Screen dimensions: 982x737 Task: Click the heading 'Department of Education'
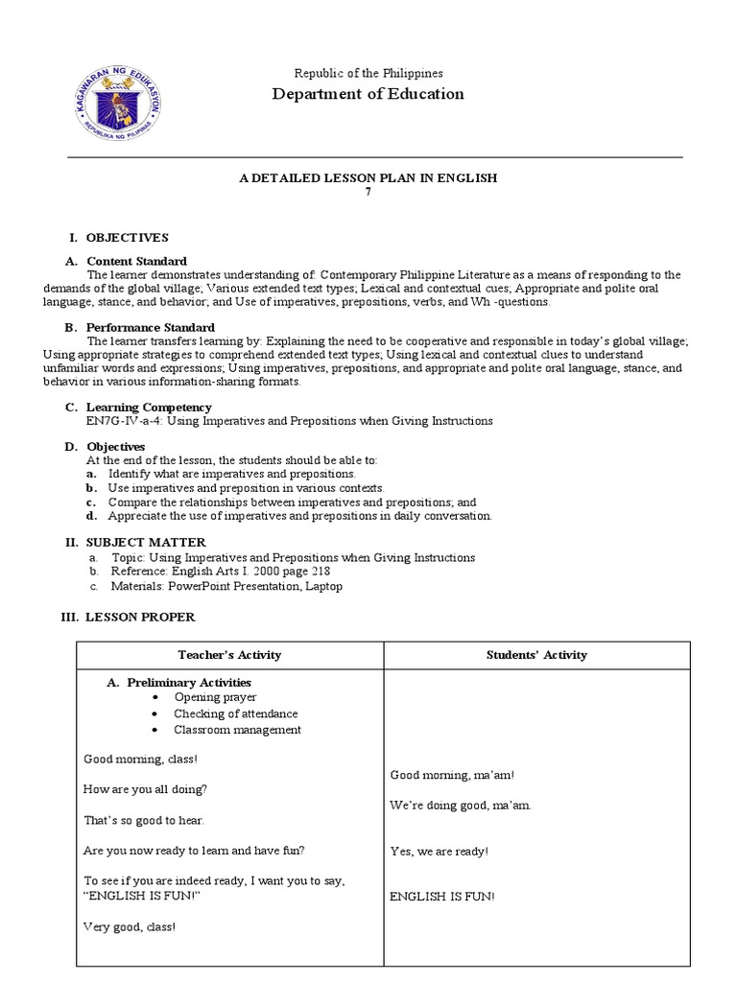(368, 94)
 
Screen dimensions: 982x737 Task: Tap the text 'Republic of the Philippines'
(368, 73)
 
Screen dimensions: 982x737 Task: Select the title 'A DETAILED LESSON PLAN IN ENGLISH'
(368, 177)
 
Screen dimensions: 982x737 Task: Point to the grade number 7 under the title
(368, 192)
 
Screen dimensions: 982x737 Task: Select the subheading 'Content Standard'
(136, 261)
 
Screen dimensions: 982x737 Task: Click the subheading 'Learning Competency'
(149, 408)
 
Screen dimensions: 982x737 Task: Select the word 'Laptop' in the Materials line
(323, 586)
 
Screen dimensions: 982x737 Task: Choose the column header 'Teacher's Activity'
(229, 655)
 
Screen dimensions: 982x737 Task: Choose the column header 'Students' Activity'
(536, 655)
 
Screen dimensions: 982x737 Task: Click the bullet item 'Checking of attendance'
(235, 713)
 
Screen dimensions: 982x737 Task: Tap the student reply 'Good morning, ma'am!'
(445, 775)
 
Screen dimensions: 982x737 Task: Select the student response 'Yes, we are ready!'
(440, 851)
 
